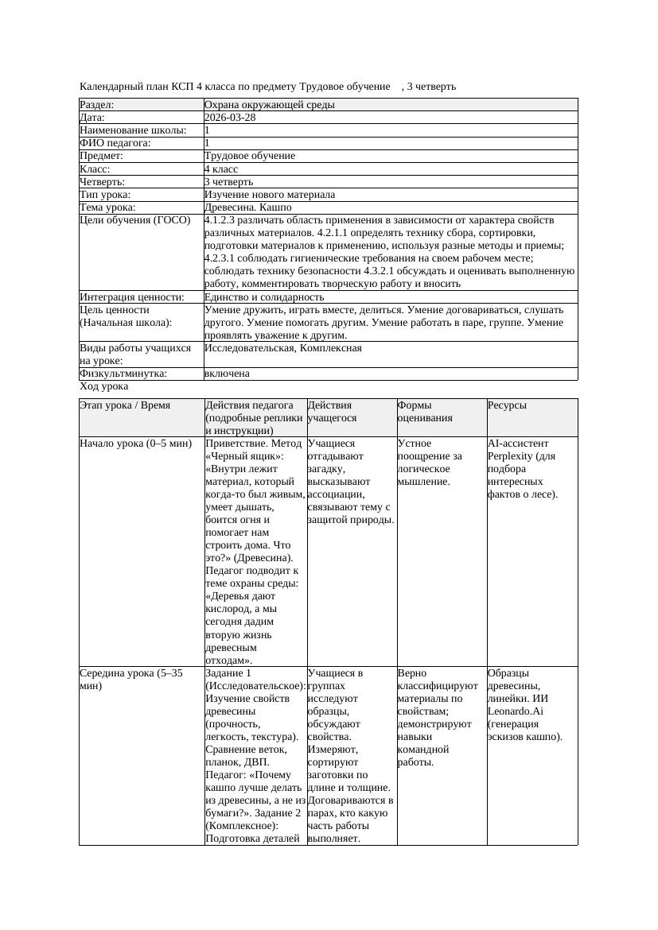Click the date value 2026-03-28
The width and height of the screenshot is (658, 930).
tap(230, 118)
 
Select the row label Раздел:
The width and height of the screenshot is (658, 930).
tap(97, 105)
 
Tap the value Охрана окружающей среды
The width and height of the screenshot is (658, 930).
tap(269, 105)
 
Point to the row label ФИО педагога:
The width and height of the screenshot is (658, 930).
tap(115, 143)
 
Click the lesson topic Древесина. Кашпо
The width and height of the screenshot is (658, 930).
tap(247, 207)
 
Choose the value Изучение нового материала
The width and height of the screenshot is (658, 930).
tap(270, 195)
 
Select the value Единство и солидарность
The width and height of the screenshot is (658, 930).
tap(264, 297)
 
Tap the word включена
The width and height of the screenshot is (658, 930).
tap(227, 374)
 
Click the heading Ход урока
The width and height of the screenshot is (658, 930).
tap(104, 386)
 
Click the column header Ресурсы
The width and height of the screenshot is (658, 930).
tap(507, 405)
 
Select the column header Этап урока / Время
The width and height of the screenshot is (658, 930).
tap(125, 405)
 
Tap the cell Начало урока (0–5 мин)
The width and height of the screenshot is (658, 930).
tap(136, 444)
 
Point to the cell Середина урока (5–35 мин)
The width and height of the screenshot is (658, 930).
tap(131, 679)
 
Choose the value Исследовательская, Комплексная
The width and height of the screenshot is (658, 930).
tap(283, 348)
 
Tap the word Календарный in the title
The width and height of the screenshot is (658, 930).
tap(110, 86)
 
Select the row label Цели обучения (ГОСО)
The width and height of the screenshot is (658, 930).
tap(134, 220)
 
